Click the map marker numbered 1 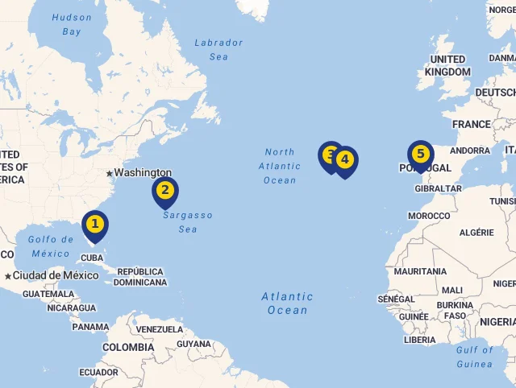click(x=95, y=225)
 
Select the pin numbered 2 click(x=165, y=191)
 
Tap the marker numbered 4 click(x=345, y=160)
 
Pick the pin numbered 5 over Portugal click(x=420, y=154)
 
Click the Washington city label click(x=143, y=172)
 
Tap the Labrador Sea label click(x=218, y=49)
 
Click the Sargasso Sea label click(x=188, y=222)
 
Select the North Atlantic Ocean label click(x=280, y=166)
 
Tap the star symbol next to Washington click(x=109, y=173)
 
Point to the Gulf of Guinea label click(x=474, y=357)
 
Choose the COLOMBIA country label click(x=127, y=347)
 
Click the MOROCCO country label click(x=429, y=216)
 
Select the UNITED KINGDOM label click(x=447, y=65)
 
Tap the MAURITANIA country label click(x=419, y=271)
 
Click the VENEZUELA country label click(x=160, y=329)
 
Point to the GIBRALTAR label click(x=438, y=188)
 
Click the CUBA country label click(x=93, y=258)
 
